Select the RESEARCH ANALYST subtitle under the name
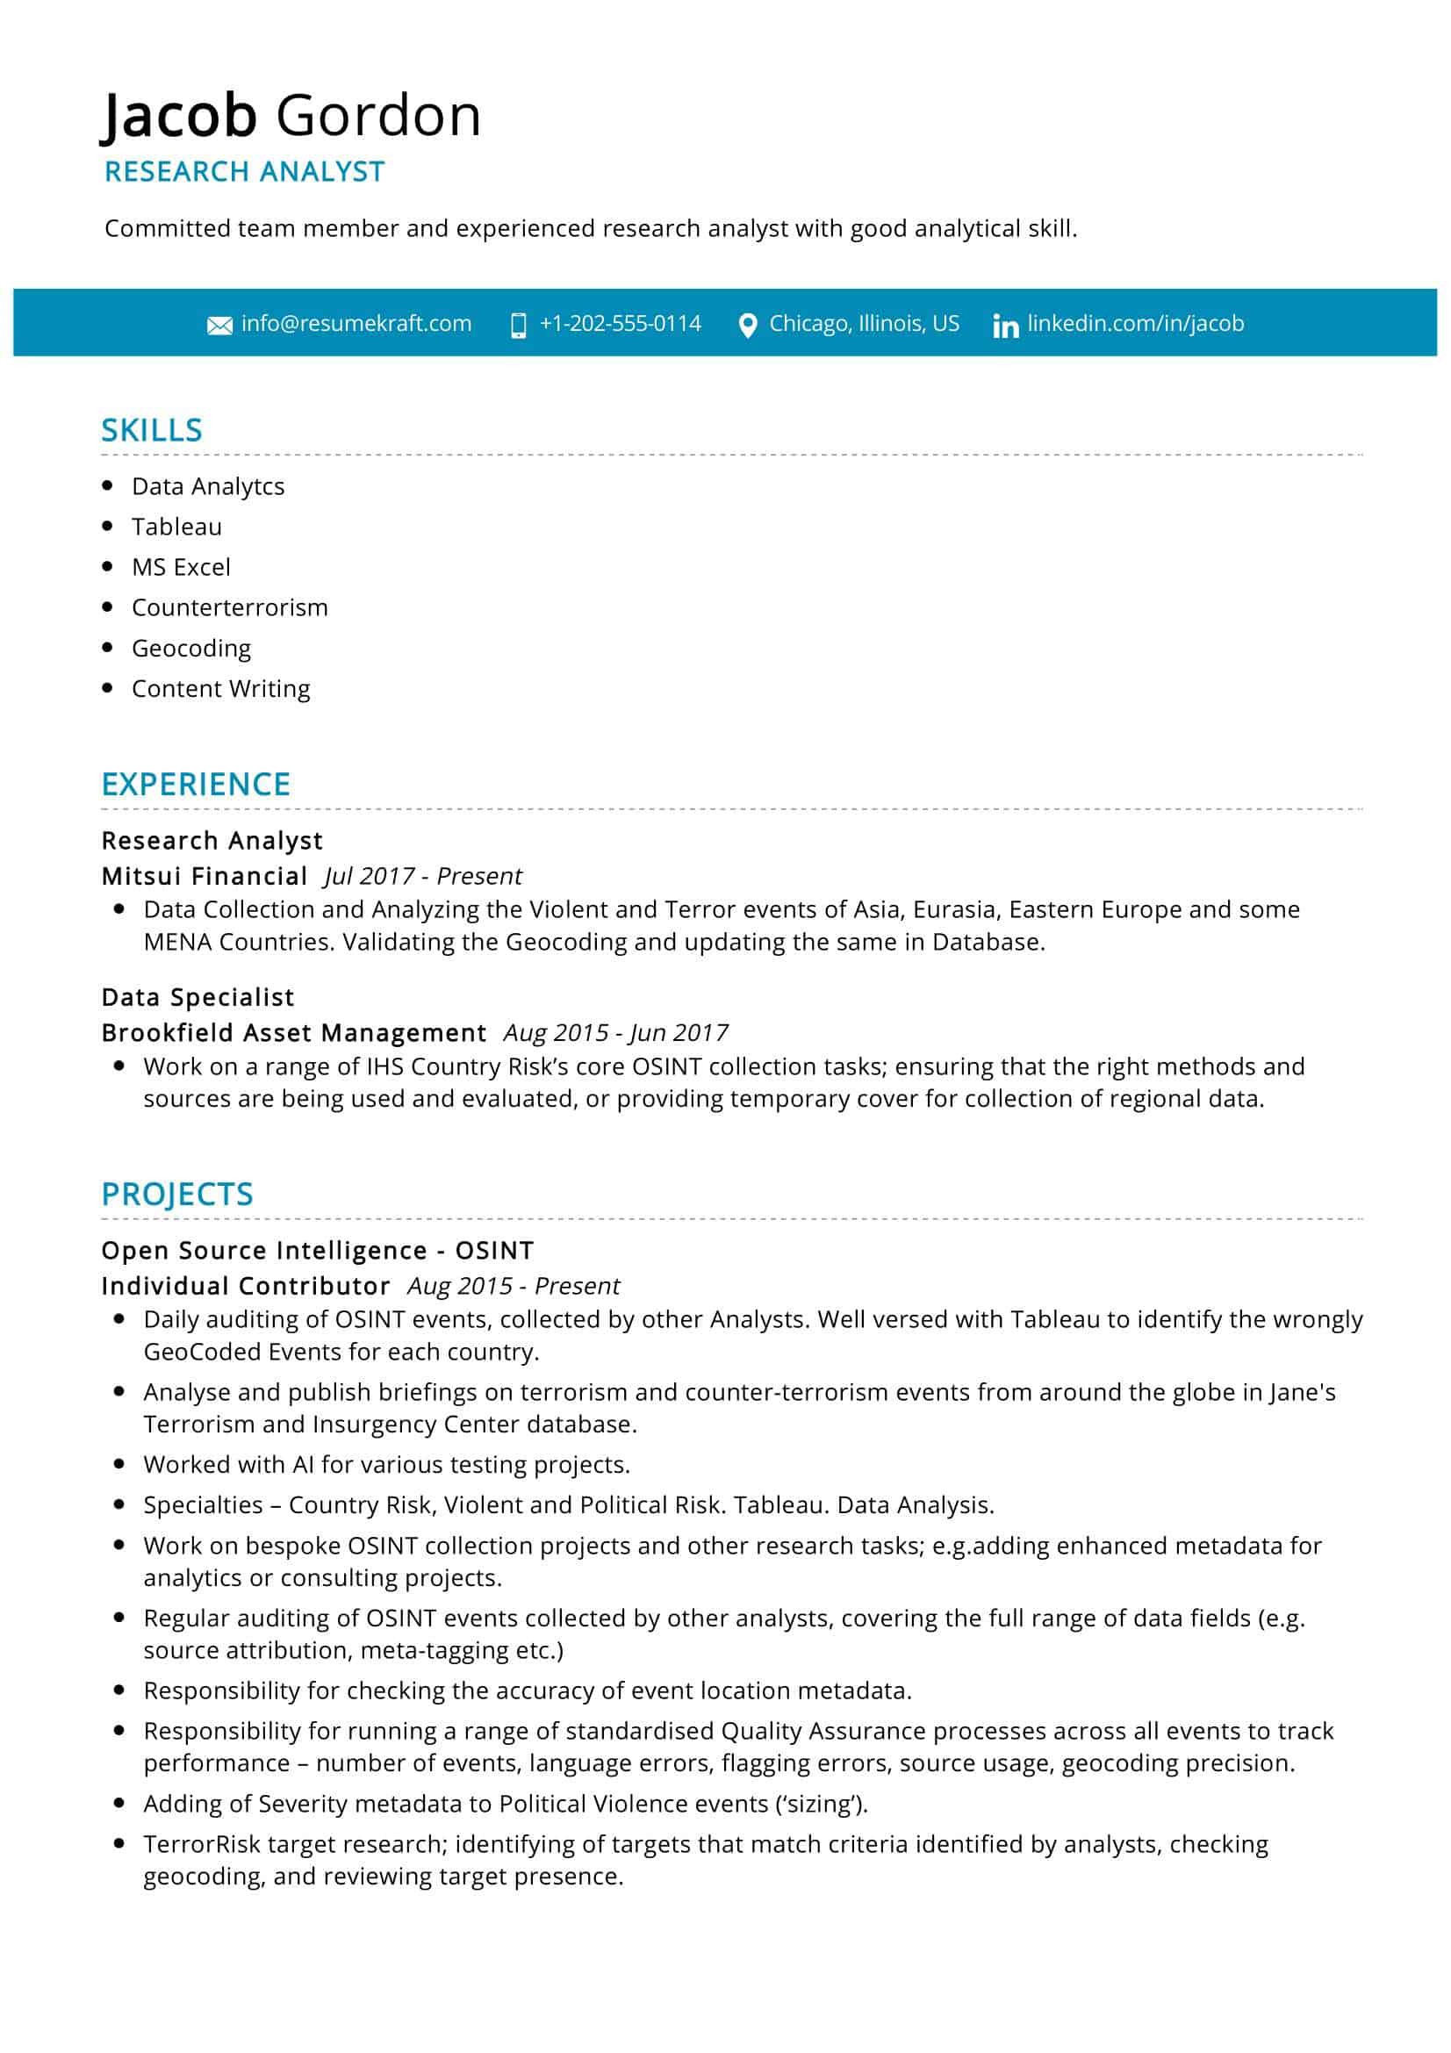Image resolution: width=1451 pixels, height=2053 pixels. [x=244, y=171]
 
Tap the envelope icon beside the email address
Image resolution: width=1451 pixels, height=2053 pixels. [x=219, y=326]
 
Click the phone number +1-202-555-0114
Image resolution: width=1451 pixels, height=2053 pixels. [x=620, y=324]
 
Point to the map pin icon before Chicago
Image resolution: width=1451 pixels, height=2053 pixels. [x=747, y=326]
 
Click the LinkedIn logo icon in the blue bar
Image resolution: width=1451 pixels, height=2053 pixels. [x=1005, y=326]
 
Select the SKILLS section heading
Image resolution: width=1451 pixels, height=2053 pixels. [x=152, y=430]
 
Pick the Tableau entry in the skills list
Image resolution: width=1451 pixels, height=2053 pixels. [x=176, y=527]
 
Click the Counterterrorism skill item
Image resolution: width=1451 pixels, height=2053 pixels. [x=230, y=607]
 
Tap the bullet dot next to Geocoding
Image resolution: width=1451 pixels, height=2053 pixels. [x=108, y=648]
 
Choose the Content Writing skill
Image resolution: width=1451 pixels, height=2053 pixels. [x=221, y=688]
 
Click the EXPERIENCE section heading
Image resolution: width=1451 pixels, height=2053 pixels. [x=196, y=784]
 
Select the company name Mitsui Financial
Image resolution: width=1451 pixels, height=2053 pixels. [x=205, y=876]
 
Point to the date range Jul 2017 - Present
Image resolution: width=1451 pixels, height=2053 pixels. [x=423, y=876]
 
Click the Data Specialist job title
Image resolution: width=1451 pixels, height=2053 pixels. [x=198, y=997]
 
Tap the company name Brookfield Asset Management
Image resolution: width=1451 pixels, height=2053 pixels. [x=293, y=1033]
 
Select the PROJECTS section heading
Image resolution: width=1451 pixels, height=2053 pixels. [x=177, y=1195]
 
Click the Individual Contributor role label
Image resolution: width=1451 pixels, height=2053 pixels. [x=246, y=1286]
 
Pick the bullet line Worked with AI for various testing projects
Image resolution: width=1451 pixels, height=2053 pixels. [x=386, y=1465]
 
